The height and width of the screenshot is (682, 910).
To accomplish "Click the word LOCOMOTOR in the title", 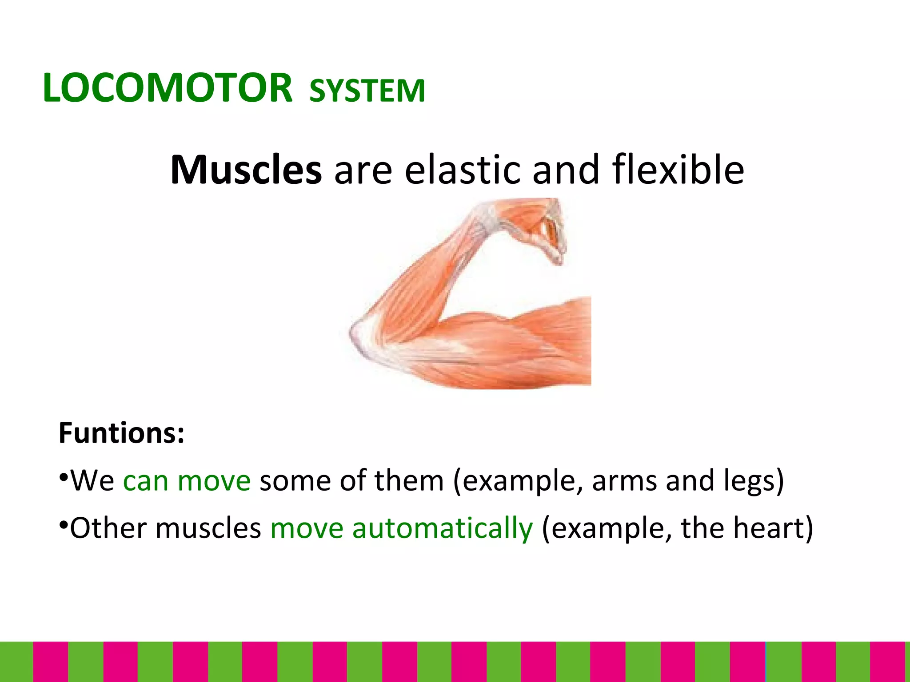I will tap(168, 88).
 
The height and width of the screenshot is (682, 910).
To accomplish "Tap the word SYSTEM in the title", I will tap(367, 91).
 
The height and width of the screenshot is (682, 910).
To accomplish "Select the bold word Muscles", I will tap(246, 170).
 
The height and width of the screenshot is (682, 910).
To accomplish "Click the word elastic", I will tap(462, 170).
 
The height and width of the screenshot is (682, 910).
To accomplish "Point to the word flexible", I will tap(678, 170).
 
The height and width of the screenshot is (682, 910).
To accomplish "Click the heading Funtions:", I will tap(121, 433).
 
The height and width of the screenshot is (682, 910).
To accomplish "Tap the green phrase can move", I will tap(187, 481).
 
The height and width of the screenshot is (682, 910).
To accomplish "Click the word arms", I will tap(624, 481).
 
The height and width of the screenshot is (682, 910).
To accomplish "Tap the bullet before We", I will tap(64, 478).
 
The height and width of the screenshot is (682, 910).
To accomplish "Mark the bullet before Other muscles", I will tap(64, 526).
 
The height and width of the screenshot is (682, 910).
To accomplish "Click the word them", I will tap(409, 481).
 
